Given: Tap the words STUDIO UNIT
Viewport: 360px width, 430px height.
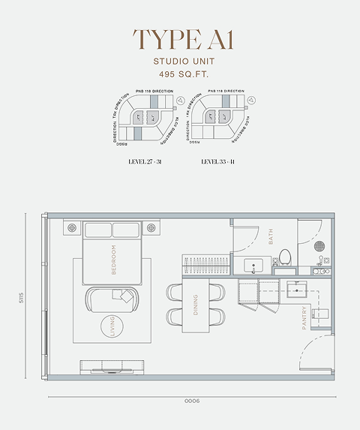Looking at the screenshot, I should tap(180, 62).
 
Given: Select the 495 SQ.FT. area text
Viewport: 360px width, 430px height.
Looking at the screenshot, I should tap(180, 75).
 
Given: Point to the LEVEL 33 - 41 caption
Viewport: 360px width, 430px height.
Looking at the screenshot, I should tap(218, 161).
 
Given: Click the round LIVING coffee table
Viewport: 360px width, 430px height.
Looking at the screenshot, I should tap(113, 328).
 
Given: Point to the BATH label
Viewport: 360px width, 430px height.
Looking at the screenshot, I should tap(270, 236).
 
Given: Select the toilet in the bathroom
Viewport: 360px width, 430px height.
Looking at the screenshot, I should tap(284, 257).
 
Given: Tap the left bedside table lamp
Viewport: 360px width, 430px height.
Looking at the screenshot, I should tap(73, 227).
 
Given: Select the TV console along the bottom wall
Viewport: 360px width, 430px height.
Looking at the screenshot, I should tap(112, 366).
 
